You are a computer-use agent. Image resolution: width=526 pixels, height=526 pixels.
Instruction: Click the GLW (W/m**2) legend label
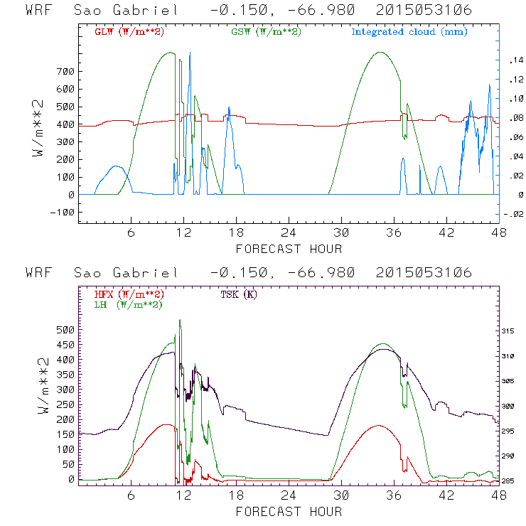127,32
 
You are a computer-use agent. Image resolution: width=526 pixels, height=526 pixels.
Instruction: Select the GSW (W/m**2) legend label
263,32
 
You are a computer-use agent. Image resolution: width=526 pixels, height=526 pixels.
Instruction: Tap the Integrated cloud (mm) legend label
409,32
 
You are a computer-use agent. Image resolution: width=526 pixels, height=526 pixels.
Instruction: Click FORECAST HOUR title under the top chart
289,249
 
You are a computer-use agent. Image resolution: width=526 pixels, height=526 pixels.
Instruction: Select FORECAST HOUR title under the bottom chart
289,512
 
